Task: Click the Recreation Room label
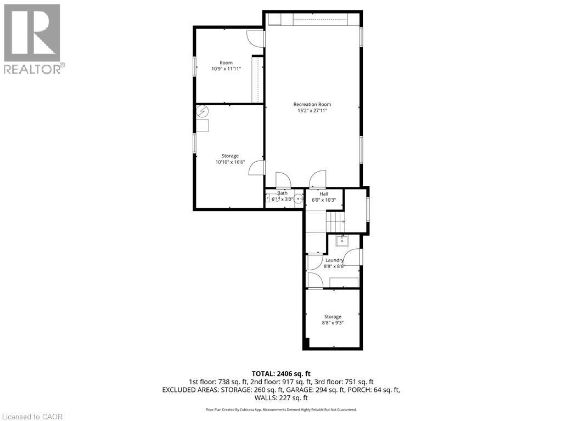click(x=312, y=104)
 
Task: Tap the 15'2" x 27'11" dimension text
click(x=312, y=111)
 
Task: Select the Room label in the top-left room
click(x=226, y=62)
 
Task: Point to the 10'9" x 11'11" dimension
click(x=226, y=69)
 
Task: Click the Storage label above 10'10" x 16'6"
click(x=229, y=156)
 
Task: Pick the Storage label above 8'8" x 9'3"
click(x=332, y=316)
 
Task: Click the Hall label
click(x=324, y=194)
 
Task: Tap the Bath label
click(x=282, y=193)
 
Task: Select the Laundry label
click(x=334, y=260)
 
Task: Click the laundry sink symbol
click(x=342, y=240)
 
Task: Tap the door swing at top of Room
click(x=255, y=38)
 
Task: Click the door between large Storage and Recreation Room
click(x=257, y=168)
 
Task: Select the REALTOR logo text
click(x=33, y=69)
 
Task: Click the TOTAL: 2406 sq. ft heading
click(x=280, y=373)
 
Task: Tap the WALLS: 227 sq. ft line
click(x=280, y=397)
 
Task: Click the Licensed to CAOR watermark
click(x=32, y=416)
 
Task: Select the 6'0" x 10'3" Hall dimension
click(x=324, y=200)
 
